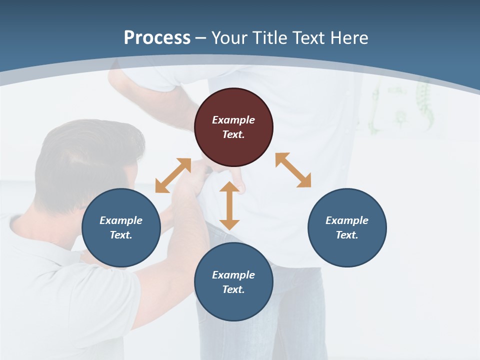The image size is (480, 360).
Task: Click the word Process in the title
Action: pos(157,38)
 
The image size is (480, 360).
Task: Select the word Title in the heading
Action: pos(270,38)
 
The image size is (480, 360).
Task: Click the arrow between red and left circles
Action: pos(173,175)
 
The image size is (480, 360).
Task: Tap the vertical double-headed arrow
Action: pos(229,205)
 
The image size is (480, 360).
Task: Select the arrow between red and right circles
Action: pos(293,170)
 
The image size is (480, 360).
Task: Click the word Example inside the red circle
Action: pos(233,120)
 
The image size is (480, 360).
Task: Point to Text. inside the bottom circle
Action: pos(233,289)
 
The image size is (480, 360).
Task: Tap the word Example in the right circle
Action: pos(347,220)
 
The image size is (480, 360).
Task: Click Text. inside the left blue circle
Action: pos(121,235)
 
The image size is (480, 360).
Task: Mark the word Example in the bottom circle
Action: pos(233,275)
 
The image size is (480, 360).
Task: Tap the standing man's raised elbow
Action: pos(116,75)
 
